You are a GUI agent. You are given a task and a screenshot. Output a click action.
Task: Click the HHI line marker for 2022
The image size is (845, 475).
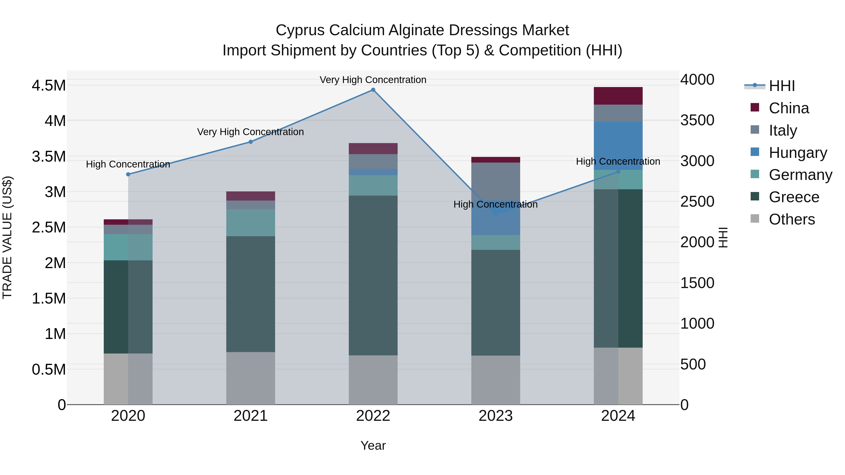tap(373, 90)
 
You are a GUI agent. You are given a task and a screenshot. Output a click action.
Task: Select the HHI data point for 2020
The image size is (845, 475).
tap(128, 174)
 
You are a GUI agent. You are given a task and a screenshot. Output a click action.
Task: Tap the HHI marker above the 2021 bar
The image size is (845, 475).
tap(251, 142)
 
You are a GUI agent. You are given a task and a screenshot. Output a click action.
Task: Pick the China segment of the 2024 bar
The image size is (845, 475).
tap(618, 96)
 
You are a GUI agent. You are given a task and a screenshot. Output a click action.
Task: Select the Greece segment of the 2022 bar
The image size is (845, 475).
tap(373, 275)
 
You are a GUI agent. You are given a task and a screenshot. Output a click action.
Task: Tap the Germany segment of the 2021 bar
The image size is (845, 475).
tap(251, 223)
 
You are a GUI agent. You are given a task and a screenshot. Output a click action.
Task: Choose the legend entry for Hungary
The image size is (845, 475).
tap(798, 153)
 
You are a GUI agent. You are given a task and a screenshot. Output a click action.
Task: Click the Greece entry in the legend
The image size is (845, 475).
tap(794, 197)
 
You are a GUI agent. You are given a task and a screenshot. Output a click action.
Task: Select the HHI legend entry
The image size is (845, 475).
tap(782, 86)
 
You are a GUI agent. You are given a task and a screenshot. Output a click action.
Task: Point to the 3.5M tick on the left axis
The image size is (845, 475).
tap(49, 157)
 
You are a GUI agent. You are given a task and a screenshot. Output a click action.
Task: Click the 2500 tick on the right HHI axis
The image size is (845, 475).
tap(697, 201)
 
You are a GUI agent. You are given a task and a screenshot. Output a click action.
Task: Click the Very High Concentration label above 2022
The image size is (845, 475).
tap(373, 80)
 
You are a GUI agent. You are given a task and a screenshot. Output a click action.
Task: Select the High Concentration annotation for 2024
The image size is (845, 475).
tap(618, 161)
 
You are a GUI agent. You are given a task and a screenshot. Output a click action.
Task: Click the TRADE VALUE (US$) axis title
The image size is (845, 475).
tap(7, 237)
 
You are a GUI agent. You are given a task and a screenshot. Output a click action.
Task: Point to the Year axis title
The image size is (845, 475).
tap(373, 445)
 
